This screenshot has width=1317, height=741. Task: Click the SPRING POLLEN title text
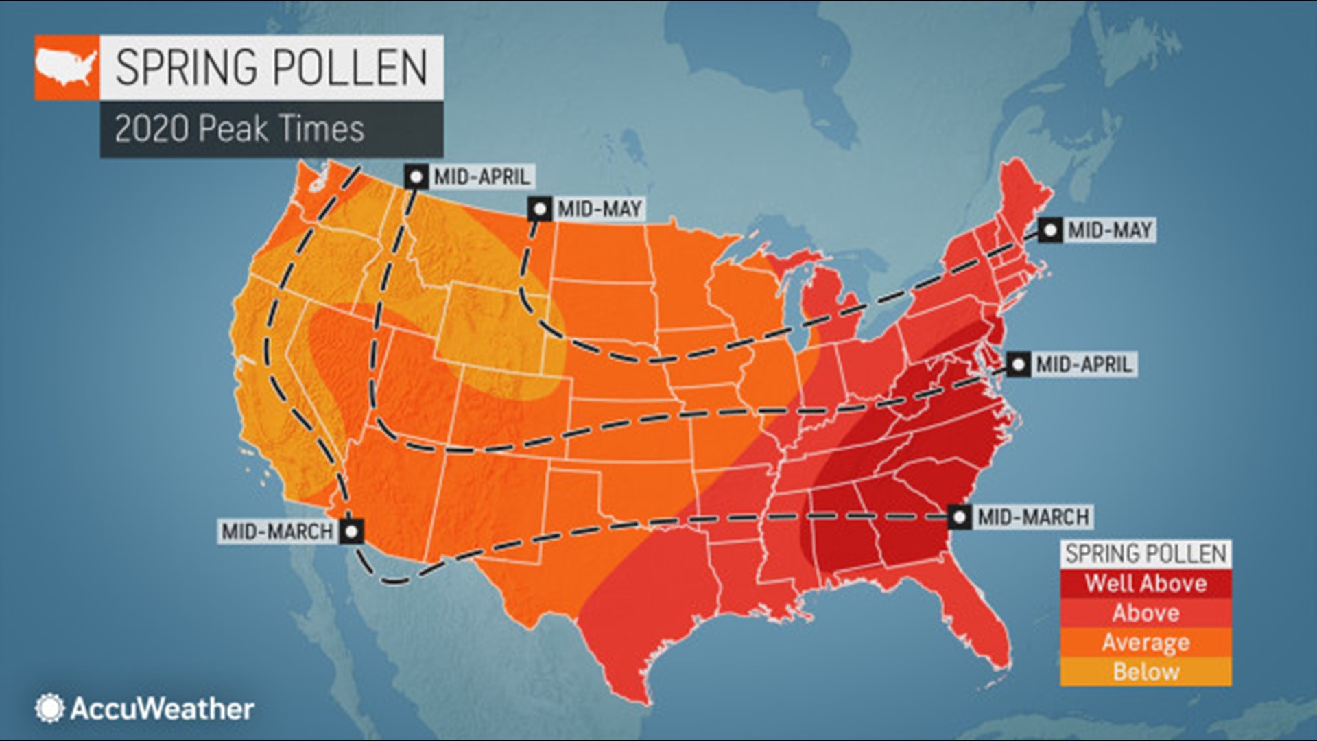[271, 67]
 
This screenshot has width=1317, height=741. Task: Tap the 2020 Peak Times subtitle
[239, 129]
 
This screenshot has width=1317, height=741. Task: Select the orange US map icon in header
[67, 67]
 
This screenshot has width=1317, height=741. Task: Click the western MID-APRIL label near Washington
[482, 177]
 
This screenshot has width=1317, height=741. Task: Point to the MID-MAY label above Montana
[599, 209]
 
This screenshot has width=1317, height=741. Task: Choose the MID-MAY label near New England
[1109, 231]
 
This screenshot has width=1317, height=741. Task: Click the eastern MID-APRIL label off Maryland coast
[1083, 364]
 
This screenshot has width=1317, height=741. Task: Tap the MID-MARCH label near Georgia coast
[1032, 517]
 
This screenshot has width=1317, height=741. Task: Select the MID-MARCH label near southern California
[277, 531]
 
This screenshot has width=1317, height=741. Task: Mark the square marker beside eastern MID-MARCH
[960, 517]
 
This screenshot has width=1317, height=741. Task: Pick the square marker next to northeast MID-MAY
[1049, 231]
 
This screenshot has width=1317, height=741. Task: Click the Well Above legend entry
[1146, 584]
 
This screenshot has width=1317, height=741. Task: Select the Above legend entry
[1146, 613]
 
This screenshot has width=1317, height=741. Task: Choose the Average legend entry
[1146, 642]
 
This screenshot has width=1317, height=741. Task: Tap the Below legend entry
[1146, 671]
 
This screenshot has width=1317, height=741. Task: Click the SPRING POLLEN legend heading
[1146, 554]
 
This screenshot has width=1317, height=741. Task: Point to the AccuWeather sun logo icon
[49, 708]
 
